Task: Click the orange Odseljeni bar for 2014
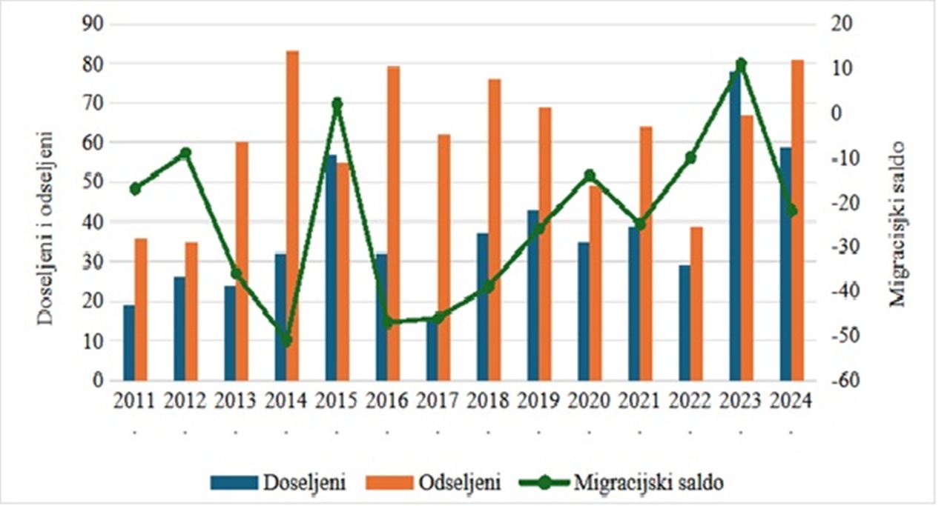(293, 215)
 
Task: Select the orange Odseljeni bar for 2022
(696, 303)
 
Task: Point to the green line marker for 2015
(337, 104)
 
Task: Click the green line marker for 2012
(185, 153)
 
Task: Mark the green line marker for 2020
(590, 176)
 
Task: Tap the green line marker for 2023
(741, 64)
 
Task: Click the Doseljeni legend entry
(278, 482)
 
